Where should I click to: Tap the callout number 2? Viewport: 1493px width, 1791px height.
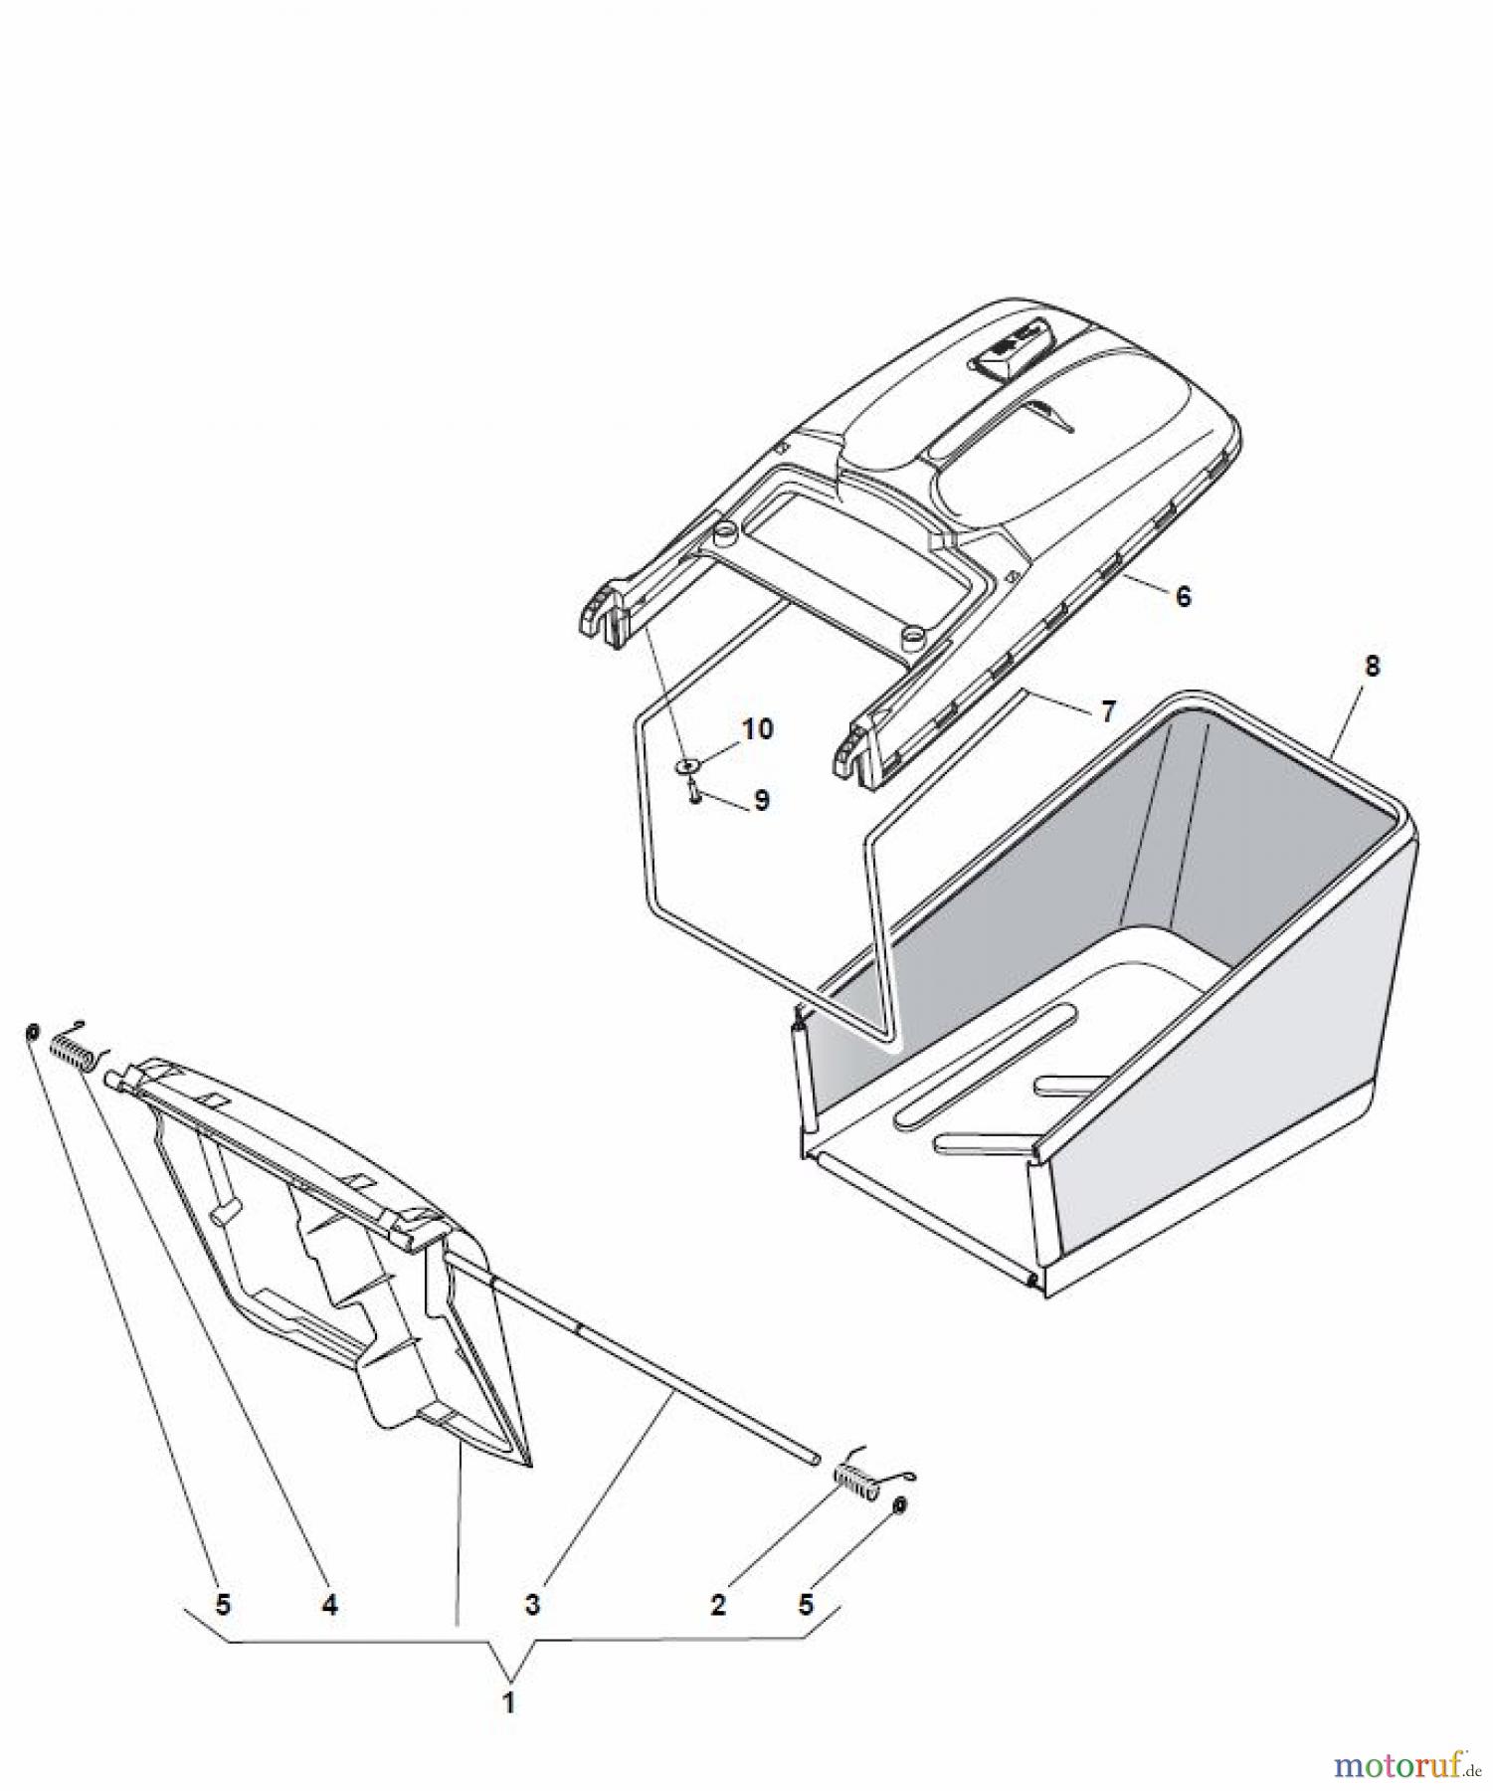pyautogui.click(x=719, y=1604)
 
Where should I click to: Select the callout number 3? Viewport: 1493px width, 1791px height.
pyautogui.click(x=532, y=1604)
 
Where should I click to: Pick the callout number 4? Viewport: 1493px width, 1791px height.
pyautogui.click(x=329, y=1604)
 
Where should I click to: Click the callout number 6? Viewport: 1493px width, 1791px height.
pyautogui.click(x=1183, y=596)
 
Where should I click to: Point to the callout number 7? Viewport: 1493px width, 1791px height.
pyautogui.click(x=1108, y=711)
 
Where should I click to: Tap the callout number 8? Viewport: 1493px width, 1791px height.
pyautogui.click(x=1373, y=666)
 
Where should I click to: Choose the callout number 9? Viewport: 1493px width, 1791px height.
pyautogui.click(x=761, y=801)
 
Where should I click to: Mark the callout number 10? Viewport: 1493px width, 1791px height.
pyautogui.click(x=758, y=729)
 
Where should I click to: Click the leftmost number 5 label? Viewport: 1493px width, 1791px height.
pyautogui.click(x=223, y=1604)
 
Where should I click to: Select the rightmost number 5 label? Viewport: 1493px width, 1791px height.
pyautogui.click(x=806, y=1604)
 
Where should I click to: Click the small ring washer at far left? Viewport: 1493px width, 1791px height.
pyautogui.click(x=32, y=1032)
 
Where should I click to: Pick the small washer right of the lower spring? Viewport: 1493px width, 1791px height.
pyautogui.click(x=899, y=1505)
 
